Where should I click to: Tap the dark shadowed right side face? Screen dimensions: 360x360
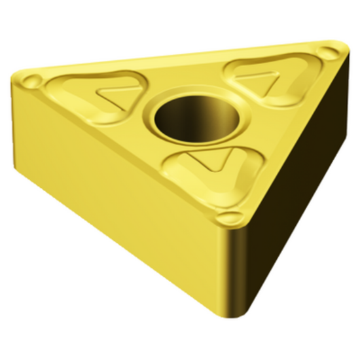298,196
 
